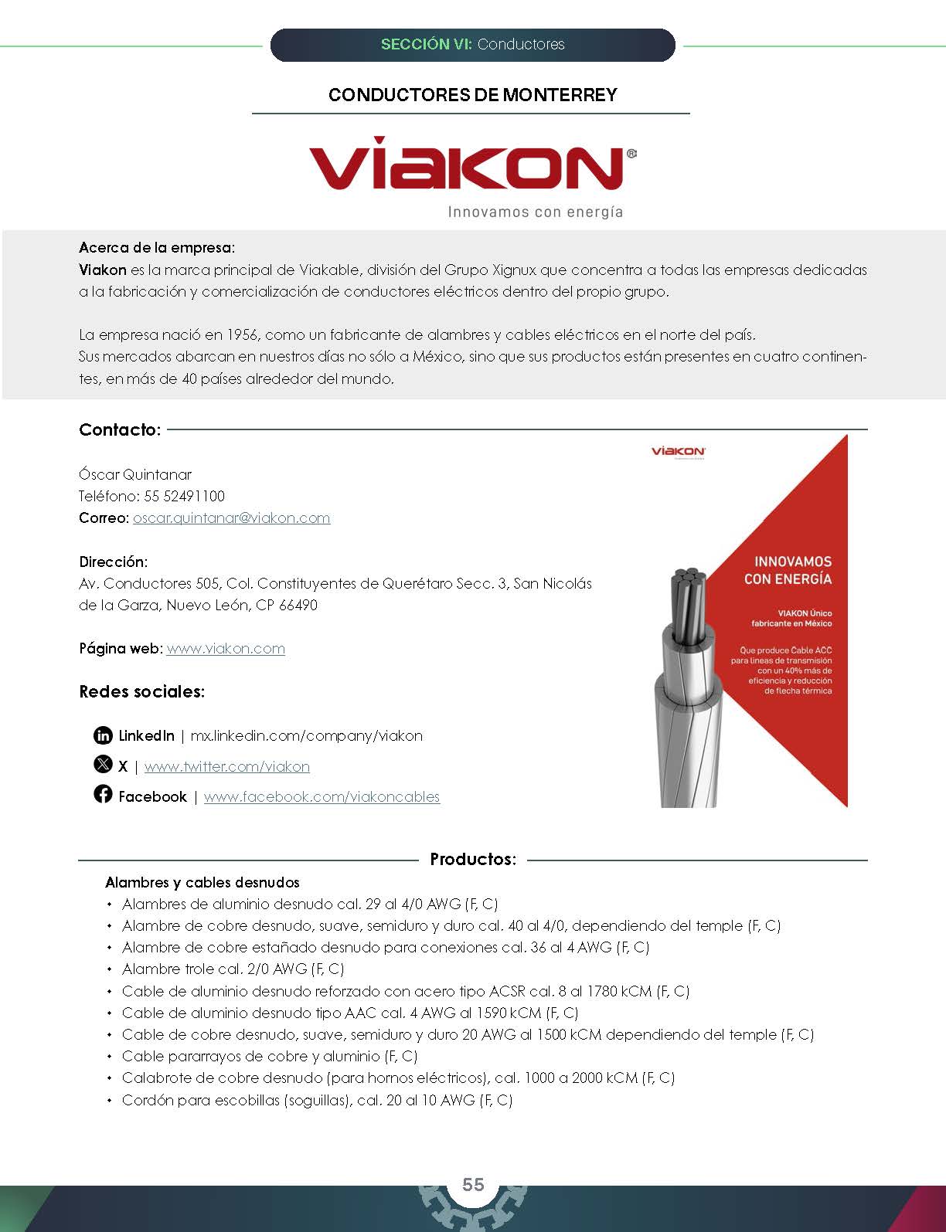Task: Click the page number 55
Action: click(x=473, y=1185)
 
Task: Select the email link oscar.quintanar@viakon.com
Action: click(x=231, y=518)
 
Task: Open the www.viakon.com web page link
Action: click(x=226, y=649)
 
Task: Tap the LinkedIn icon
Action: click(x=103, y=735)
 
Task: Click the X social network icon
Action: click(x=103, y=765)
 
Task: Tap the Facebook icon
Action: click(x=103, y=794)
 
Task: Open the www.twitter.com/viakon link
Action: click(x=226, y=767)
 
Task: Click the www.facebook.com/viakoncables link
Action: click(x=322, y=797)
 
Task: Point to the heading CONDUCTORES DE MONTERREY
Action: click(x=472, y=95)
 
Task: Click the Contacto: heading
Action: click(x=120, y=430)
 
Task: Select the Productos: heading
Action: click(x=473, y=859)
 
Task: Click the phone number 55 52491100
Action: click(x=185, y=496)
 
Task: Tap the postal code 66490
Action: click(x=298, y=605)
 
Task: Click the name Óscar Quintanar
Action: click(x=135, y=474)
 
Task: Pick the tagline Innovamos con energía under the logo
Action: click(x=535, y=212)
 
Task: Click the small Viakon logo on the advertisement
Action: click(x=678, y=451)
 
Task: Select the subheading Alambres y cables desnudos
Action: click(x=202, y=882)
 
